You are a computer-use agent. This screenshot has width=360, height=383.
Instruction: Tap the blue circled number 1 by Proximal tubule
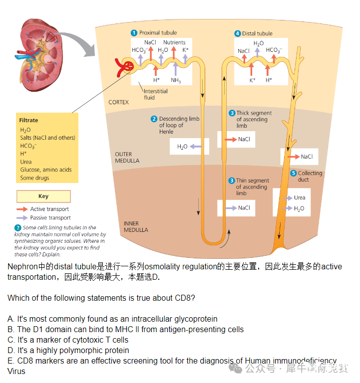click(x=134, y=33)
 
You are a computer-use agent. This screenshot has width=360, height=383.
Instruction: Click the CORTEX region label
click(x=118, y=102)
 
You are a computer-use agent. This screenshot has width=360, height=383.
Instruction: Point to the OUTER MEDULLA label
click(x=127, y=158)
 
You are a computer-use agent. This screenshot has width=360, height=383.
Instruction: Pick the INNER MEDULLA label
click(x=135, y=227)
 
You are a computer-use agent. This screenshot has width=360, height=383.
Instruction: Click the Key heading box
click(x=43, y=196)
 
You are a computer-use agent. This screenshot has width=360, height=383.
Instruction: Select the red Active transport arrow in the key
click(x=22, y=209)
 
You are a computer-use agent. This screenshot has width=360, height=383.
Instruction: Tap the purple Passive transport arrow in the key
click(x=22, y=218)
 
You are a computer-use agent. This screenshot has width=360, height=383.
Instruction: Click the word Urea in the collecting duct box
click(x=300, y=197)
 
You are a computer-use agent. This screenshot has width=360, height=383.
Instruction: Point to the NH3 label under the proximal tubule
click(x=176, y=80)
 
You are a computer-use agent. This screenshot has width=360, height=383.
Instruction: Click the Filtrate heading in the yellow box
click(x=28, y=120)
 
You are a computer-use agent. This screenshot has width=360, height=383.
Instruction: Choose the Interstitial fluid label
click(x=155, y=94)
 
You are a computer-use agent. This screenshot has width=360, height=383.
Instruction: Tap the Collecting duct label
click(x=310, y=177)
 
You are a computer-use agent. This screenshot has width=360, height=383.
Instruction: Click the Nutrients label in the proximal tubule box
click(x=174, y=42)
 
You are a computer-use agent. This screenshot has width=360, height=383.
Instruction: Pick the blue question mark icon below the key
click(x=18, y=228)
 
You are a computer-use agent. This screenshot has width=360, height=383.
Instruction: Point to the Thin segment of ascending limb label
click(x=252, y=187)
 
